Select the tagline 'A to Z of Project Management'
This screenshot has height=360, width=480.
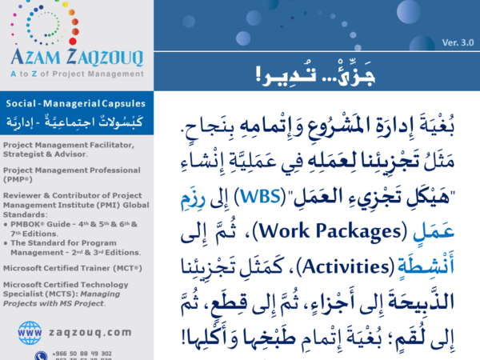pos(76,70)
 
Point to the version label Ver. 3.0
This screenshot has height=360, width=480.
pos(458,42)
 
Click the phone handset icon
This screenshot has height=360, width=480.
pos(40,355)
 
